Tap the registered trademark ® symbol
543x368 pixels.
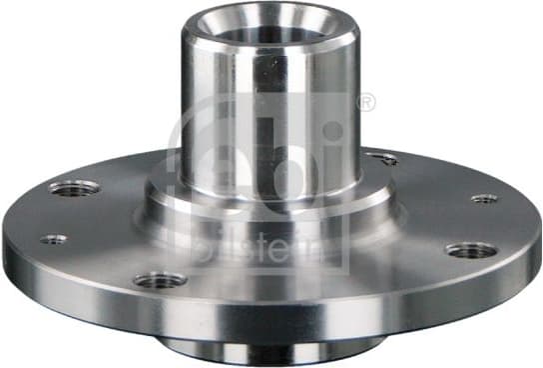[365, 102]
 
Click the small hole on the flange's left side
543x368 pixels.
[54, 239]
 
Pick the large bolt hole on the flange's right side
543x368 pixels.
[471, 250]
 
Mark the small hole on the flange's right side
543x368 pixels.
[484, 198]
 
